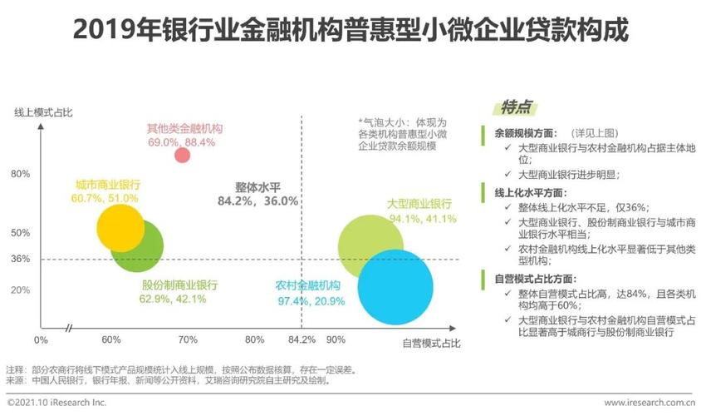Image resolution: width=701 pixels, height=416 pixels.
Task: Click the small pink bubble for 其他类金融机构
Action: pos(183,155)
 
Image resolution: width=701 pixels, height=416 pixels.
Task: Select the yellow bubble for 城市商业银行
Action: pos(120,228)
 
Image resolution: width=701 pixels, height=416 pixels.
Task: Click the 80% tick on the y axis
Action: pos(21,174)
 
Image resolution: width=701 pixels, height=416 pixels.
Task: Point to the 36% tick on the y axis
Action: pos(21,259)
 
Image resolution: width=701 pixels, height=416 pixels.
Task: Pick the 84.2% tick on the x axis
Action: pos(301,339)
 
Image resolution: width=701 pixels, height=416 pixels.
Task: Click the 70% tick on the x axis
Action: pos(188,339)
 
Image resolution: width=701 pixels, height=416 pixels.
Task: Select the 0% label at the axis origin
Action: pos(41,339)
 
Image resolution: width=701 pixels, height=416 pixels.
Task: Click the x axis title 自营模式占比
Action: pos(431,342)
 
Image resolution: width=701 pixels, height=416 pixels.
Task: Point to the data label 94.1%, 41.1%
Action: pos(423,219)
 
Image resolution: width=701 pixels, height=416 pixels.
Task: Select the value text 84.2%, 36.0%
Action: pos(257,201)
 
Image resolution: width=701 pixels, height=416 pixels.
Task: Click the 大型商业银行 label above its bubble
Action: pos(419,204)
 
